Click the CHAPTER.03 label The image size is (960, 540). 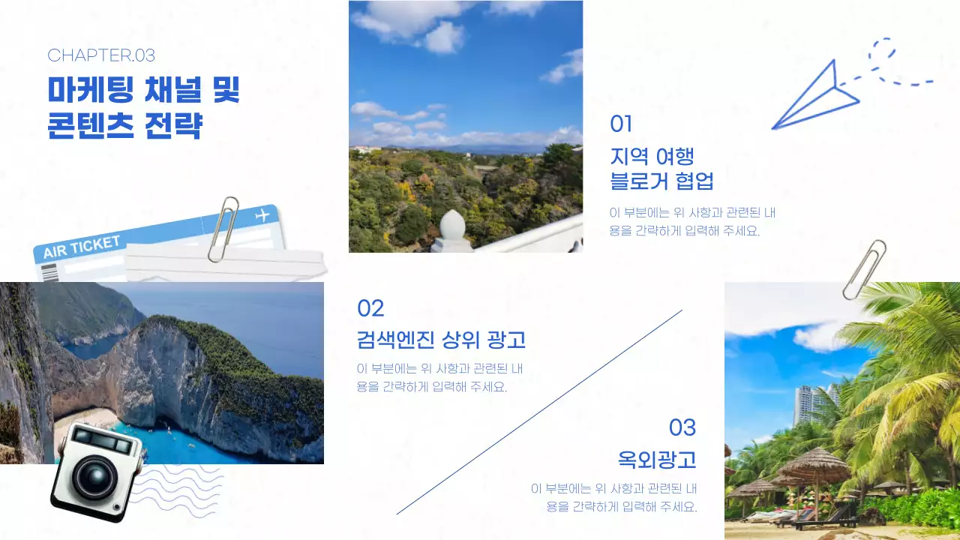tap(101, 55)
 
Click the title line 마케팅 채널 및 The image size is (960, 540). tap(144, 91)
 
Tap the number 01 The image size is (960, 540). tap(621, 124)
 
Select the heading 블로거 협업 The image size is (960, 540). tap(661, 181)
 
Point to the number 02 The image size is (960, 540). tap(370, 308)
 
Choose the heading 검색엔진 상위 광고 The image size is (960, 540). tap(441, 340)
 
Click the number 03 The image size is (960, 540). tap(682, 427)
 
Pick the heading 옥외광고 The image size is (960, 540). tap(656, 459)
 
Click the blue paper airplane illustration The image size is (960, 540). tap(817, 97)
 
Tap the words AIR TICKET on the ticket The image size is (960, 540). tap(82, 247)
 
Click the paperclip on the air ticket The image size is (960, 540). tap(223, 228)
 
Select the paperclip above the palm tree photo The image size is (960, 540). tap(865, 268)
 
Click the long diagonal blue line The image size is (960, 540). tap(539, 412)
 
